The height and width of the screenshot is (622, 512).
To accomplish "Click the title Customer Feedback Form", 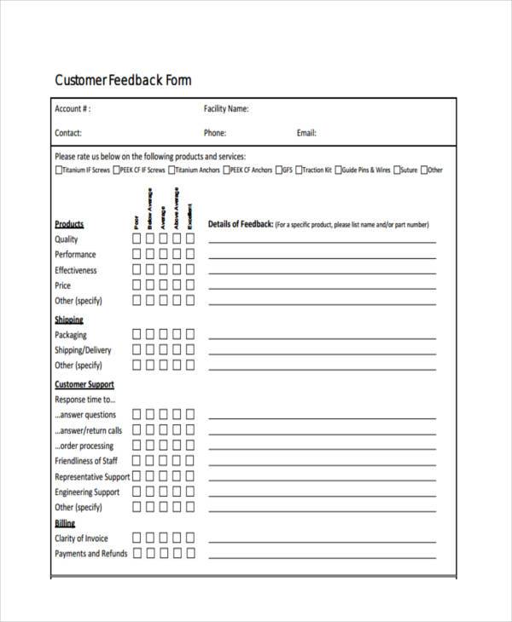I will tap(123, 81).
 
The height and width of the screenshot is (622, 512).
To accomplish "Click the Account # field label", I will tap(73, 109).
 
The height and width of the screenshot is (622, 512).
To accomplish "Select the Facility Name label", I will tap(226, 109).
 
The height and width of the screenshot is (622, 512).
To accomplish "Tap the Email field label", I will tap(306, 133).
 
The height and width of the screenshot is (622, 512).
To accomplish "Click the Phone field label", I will tap(214, 133).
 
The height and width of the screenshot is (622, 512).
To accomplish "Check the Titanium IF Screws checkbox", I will tap(58, 170).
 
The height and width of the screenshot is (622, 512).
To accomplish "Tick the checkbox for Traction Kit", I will tap(298, 170).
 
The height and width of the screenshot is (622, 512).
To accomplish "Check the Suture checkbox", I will tap(396, 170).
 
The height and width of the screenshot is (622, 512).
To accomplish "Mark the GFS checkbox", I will tap(278, 170).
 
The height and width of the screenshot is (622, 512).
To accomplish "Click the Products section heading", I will tap(69, 224).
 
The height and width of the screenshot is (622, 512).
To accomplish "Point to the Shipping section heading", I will tap(69, 320).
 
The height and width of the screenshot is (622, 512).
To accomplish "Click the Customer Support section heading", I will tap(84, 384).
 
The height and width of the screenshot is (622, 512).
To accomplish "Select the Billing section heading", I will tap(65, 523).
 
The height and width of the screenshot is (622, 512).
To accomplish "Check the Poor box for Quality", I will tap(136, 239).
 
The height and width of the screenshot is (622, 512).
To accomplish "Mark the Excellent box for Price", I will tap(190, 285).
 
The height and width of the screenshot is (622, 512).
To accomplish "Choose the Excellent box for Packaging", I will tap(190, 335).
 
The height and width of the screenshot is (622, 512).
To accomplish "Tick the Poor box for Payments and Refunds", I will tap(136, 554).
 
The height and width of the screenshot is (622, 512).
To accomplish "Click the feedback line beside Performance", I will tap(322, 257).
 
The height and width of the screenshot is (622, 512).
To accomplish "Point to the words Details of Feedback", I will tap(241, 224).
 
